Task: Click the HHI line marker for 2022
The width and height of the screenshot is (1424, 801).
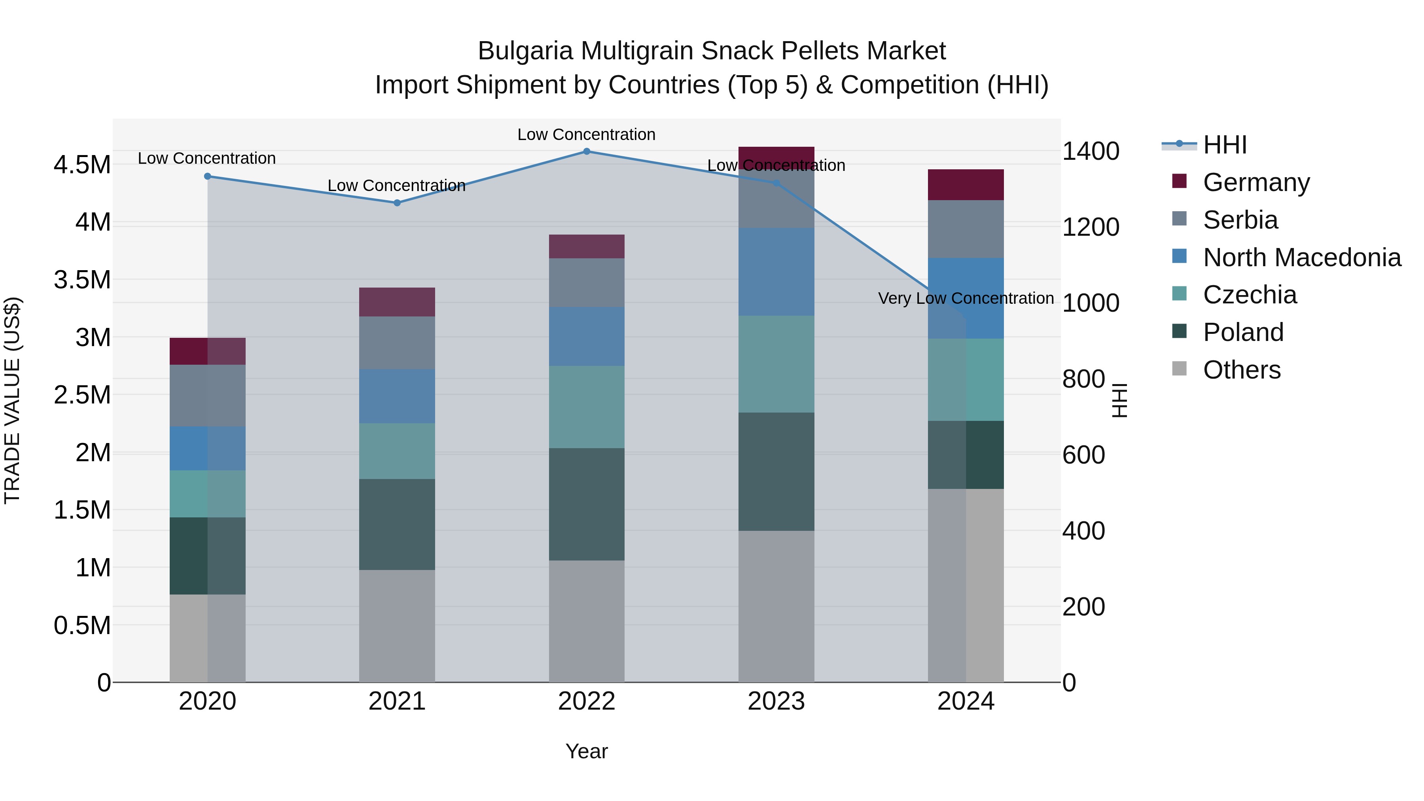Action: coord(587,151)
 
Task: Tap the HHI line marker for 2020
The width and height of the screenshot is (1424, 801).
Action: coord(207,176)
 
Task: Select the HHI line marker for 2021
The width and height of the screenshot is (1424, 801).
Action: coord(397,203)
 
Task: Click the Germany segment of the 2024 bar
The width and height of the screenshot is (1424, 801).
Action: coord(965,185)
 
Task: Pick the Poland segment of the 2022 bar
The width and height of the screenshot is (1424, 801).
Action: coord(587,504)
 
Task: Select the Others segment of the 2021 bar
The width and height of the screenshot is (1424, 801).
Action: coord(397,626)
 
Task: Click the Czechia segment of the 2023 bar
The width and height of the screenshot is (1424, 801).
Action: coord(776,364)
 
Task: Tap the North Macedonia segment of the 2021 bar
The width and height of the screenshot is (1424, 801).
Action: coord(397,396)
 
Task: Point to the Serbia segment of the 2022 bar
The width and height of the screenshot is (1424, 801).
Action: coord(587,282)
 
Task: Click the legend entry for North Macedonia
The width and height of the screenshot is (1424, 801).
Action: coord(1301,258)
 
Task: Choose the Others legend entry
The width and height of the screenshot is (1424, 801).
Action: coord(1242,370)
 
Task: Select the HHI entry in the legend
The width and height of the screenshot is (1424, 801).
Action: coord(1224,145)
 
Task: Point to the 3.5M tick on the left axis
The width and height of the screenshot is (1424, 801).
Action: coord(82,280)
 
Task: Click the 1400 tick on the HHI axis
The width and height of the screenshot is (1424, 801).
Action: coord(1091,151)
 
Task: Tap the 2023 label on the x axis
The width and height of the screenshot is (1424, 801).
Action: coord(776,701)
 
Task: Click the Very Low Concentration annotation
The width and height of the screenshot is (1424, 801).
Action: coord(965,299)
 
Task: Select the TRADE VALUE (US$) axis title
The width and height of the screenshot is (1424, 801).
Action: coord(12,400)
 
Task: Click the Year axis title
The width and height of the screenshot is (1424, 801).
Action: coord(587,751)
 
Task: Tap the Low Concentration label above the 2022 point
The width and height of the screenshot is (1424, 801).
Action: coord(587,134)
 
